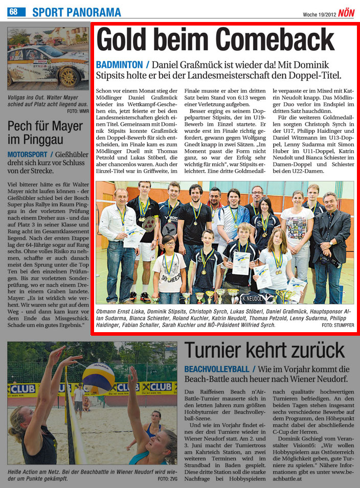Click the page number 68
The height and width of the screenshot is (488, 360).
(13, 12)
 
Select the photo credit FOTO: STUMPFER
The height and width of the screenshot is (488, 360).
(338, 325)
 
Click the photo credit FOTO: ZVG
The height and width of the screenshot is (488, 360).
(167, 479)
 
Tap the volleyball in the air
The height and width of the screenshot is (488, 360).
(98, 378)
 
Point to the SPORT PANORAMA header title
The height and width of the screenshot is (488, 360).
(77, 12)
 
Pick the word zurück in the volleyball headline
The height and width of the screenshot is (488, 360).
(308, 351)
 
